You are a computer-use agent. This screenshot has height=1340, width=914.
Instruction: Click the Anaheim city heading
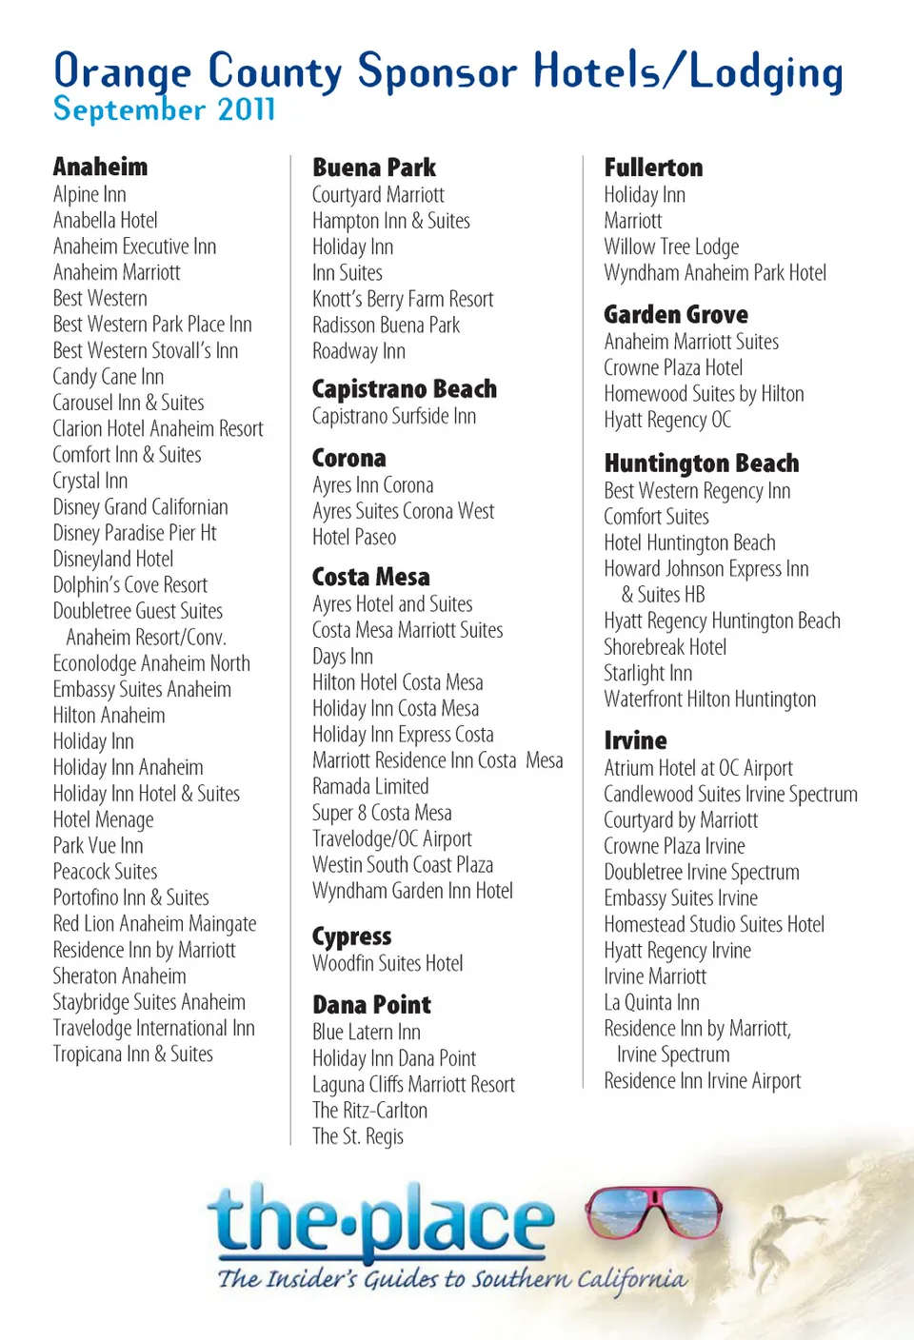[100, 167]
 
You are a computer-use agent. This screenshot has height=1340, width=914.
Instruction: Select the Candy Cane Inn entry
[108, 377]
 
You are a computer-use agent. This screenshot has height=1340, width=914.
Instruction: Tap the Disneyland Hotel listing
[113, 559]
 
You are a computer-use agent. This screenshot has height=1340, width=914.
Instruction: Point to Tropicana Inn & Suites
[132, 1054]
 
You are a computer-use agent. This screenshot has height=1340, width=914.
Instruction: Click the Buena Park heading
[373, 167]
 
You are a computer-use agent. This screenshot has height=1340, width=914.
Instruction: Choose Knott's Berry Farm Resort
[403, 299]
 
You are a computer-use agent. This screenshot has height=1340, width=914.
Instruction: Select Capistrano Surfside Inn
[393, 416]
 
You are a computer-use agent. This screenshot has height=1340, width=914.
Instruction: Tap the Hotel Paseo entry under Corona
[353, 537]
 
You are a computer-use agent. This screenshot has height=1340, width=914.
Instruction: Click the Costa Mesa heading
[370, 577]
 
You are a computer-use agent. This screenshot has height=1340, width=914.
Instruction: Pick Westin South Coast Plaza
[402, 864]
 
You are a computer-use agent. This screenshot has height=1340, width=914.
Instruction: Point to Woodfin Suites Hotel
[387, 963]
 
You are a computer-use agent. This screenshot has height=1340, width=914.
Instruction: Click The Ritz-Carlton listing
[369, 1110]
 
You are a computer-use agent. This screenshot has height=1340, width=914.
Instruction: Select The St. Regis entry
[357, 1136]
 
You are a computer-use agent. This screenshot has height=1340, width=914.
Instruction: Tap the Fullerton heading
[653, 167]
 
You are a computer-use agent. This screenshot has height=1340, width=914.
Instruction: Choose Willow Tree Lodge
[670, 246]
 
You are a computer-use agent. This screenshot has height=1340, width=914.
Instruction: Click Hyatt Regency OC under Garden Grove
[666, 420]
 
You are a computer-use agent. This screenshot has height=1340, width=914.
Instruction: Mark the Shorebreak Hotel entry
[665, 647]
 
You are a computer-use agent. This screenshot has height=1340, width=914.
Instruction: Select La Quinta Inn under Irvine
[651, 1002]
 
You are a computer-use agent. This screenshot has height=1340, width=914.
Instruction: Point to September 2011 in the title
[164, 109]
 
